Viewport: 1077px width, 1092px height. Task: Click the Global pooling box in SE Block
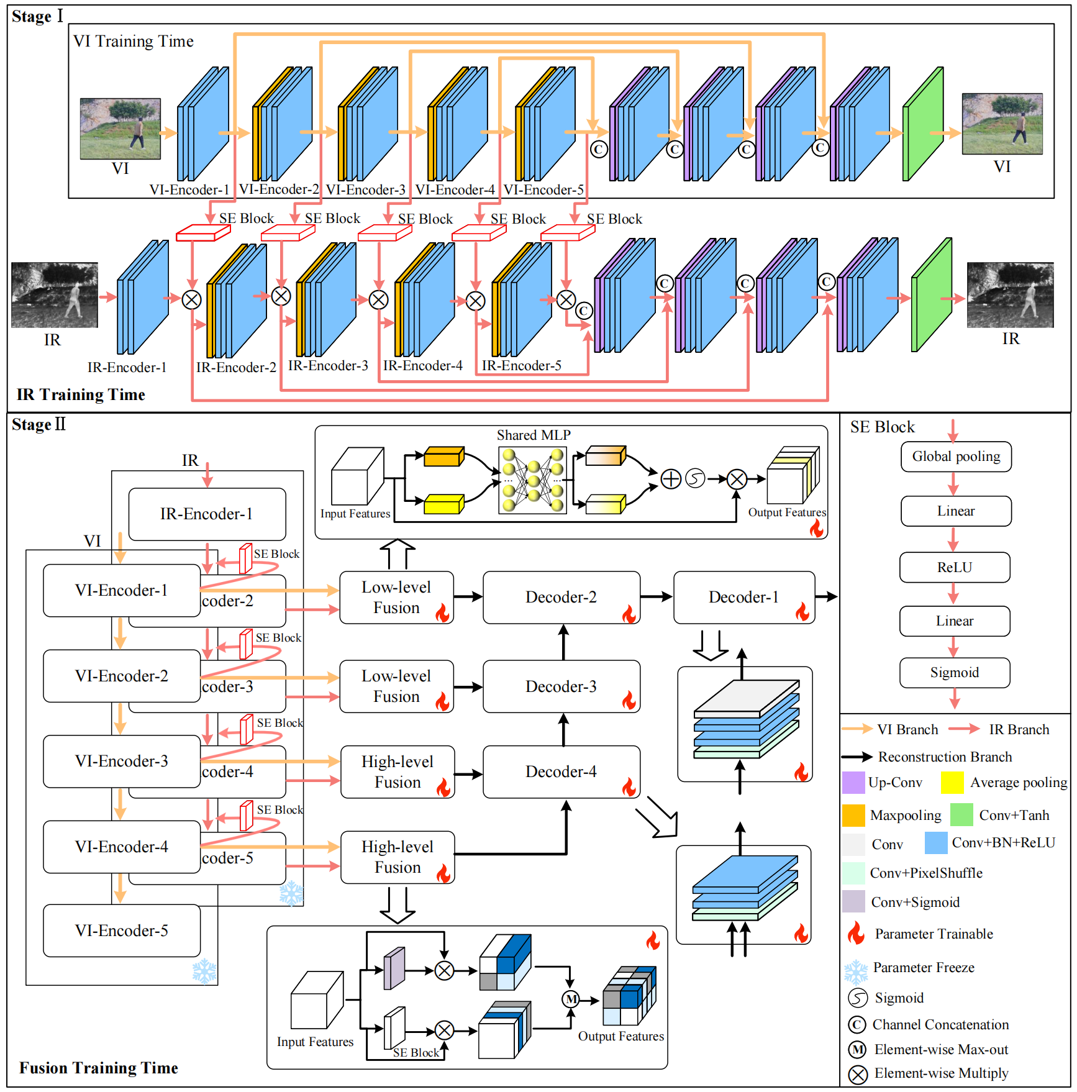[956, 457]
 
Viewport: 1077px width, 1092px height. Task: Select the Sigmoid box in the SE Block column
[955, 673]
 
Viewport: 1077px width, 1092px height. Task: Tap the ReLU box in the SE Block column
[955, 568]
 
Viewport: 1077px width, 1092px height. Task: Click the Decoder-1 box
[744, 598]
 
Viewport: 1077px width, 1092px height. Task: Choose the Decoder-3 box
[561, 686]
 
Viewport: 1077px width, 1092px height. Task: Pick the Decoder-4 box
[561, 772]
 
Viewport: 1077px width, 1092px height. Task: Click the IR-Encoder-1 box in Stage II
[207, 514]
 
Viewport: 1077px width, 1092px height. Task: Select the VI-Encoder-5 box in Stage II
[122, 930]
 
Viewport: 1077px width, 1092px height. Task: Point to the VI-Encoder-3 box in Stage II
[122, 762]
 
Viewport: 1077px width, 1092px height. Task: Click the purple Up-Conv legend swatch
[853, 783]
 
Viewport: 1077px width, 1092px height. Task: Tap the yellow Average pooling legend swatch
[952, 783]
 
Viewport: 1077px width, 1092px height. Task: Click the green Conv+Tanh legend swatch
[961, 815]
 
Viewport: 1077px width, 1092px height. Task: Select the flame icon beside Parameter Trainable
[857, 934]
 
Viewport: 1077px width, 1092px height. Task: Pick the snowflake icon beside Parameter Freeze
[856, 971]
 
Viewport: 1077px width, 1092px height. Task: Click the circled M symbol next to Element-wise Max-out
[858, 1050]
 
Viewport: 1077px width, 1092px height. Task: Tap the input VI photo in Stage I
[120, 129]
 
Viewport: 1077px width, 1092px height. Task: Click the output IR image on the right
[1010, 295]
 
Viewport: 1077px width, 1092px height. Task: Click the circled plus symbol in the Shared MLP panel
[671, 479]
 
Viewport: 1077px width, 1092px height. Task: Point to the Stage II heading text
[39, 425]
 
